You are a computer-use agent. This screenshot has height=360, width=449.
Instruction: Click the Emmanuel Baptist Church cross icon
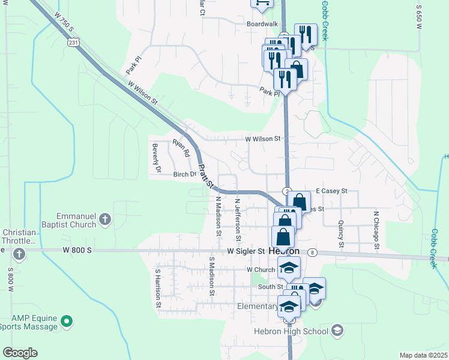(105, 219)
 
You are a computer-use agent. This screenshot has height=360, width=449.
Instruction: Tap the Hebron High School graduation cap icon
(337, 331)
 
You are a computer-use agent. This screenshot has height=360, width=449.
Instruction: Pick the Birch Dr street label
(185, 175)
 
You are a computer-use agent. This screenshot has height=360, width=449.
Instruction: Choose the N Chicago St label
(376, 229)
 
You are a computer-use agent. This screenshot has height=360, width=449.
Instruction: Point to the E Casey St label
(331, 190)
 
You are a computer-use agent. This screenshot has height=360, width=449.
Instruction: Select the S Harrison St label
(158, 288)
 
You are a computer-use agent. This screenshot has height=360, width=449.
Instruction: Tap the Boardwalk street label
(262, 24)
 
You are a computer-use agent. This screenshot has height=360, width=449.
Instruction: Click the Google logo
(20, 353)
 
